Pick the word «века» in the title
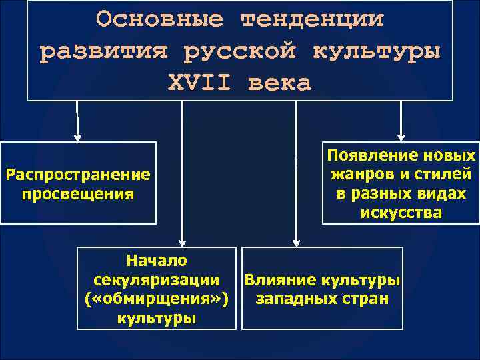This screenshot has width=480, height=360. tap(279, 83)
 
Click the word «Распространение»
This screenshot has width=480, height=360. tap(77, 175)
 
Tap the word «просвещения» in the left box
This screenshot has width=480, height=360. tap(77, 194)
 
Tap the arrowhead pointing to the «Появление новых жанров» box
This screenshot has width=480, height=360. tap(400, 137)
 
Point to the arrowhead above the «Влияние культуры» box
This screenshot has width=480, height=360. tap(295, 242)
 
